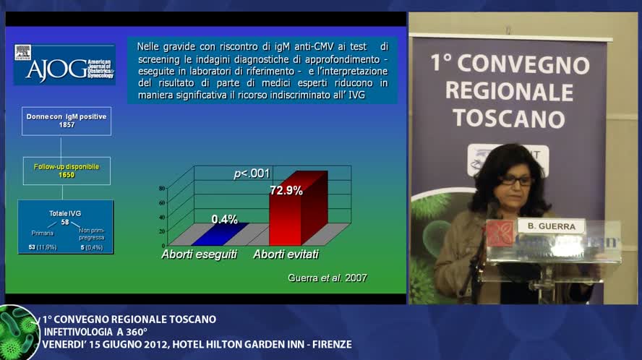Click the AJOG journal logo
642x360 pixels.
[x=64, y=64]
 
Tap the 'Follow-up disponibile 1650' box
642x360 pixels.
[x=67, y=171]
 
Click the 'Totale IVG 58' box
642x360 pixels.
[x=65, y=226]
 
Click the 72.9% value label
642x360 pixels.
[x=286, y=191]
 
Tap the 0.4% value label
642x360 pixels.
[x=224, y=219]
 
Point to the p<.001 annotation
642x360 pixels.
[x=251, y=173]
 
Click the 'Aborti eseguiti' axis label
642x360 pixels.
[x=199, y=255]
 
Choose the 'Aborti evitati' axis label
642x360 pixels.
[x=286, y=255]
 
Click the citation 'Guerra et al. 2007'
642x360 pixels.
[x=327, y=278]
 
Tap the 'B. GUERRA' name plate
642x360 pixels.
[x=551, y=226]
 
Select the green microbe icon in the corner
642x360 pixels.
[x=17, y=333]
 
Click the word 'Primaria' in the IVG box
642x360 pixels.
[x=42, y=233]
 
